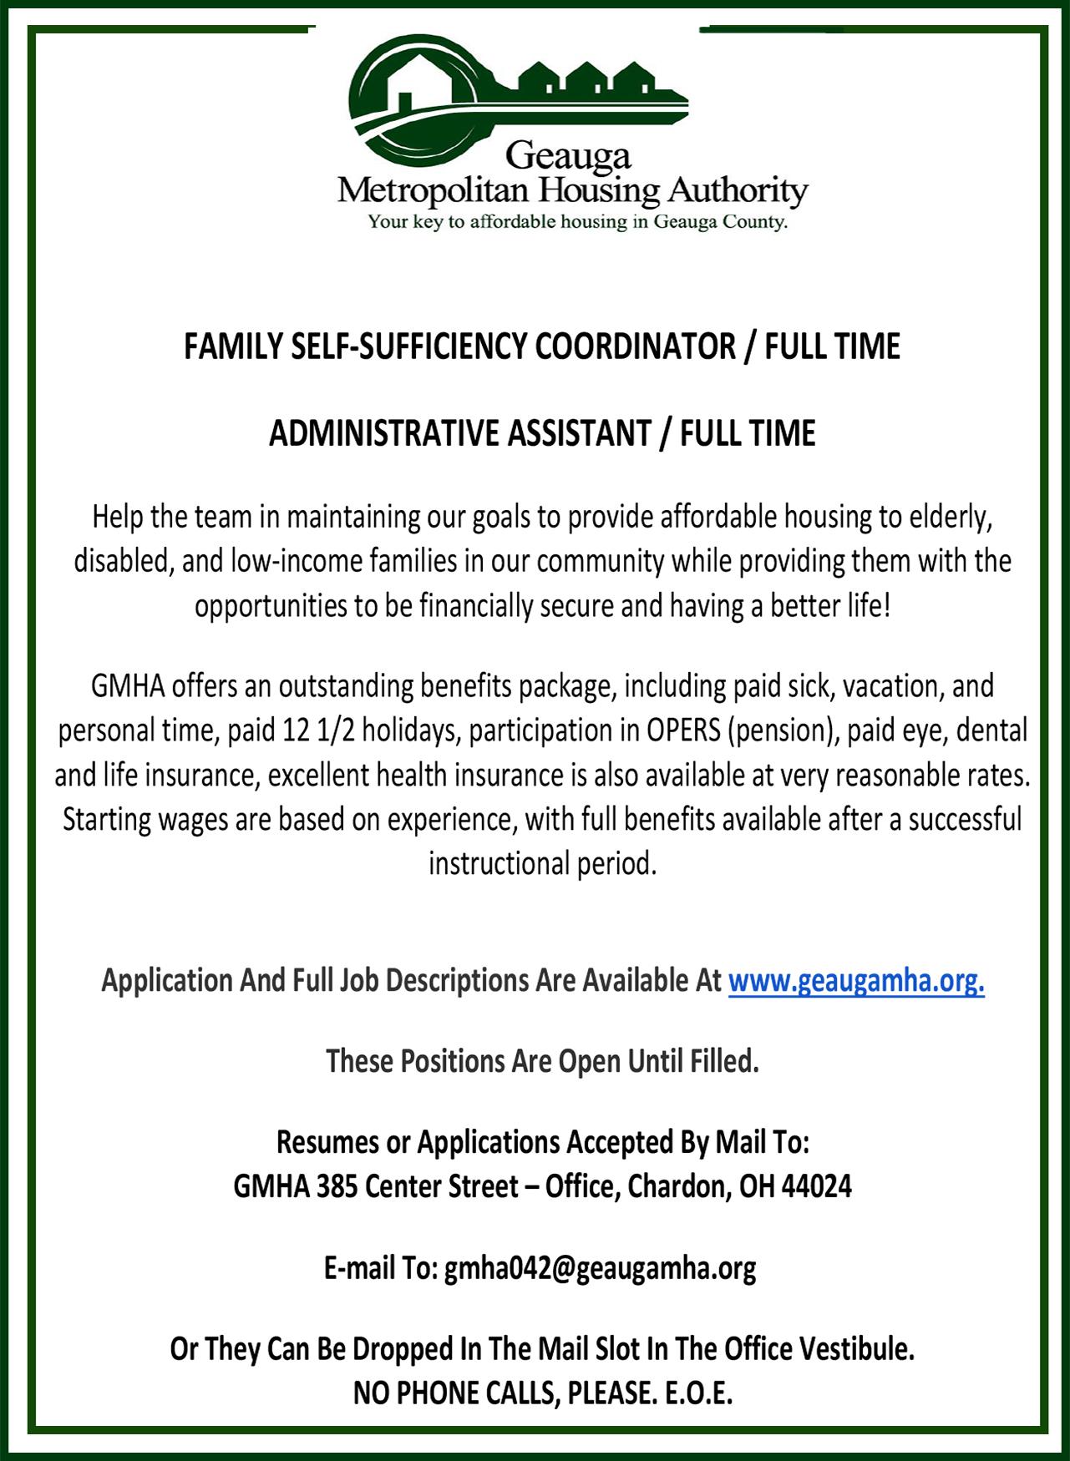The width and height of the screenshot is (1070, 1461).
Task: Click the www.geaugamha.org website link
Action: [856, 981]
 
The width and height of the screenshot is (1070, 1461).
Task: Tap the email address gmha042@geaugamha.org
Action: [600, 1269]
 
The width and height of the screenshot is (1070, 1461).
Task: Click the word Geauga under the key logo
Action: [568, 155]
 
